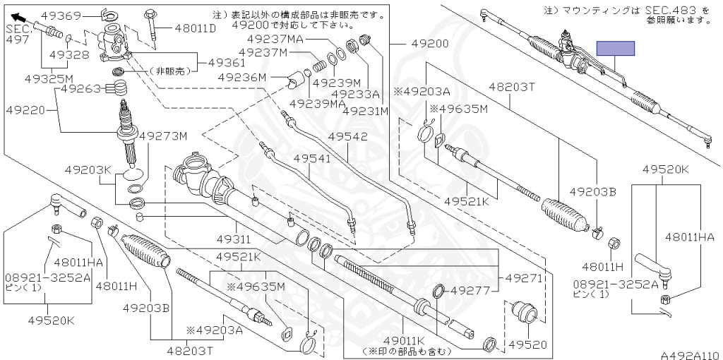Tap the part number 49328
70,54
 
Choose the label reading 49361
227,63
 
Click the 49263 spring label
82,89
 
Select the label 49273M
163,136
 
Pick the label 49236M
243,77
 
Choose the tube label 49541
312,159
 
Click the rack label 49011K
400,340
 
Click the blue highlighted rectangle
616,49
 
